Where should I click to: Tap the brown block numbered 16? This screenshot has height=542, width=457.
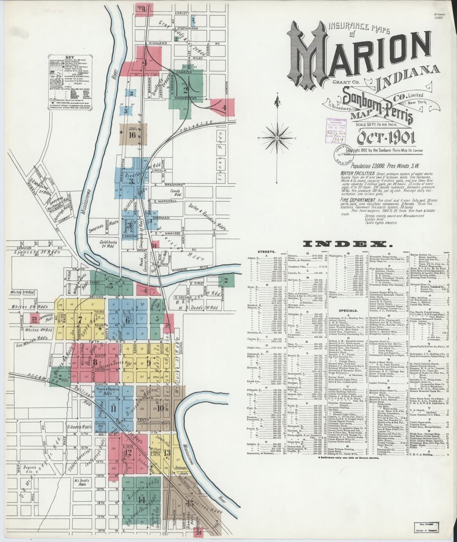(x=132, y=134)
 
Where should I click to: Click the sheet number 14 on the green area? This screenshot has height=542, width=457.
(x=142, y=500)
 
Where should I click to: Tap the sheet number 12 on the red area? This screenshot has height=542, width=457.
(x=128, y=452)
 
